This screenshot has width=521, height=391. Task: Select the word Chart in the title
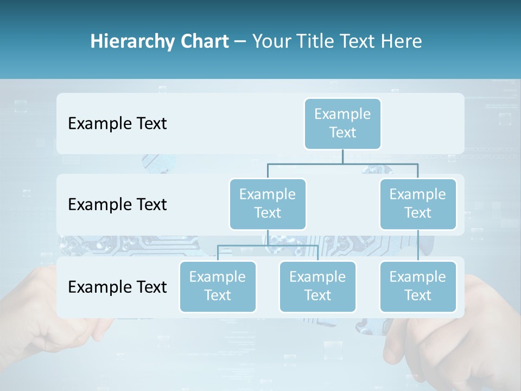[x=204, y=42]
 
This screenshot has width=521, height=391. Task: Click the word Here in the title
[x=402, y=42]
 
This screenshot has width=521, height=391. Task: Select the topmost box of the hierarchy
[x=342, y=123]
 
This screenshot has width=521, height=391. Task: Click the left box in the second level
[x=268, y=204]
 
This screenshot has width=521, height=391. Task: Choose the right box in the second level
[x=418, y=204]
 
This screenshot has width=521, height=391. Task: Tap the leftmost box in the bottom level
[x=218, y=286]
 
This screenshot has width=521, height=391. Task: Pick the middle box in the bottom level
[x=317, y=286]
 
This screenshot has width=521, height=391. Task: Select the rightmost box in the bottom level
[x=418, y=286]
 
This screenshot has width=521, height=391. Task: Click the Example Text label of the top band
[x=117, y=124]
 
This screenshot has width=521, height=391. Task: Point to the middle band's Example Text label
[x=117, y=205]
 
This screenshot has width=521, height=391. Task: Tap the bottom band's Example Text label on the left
[x=117, y=287]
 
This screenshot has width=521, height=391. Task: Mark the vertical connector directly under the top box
[x=342, y=156]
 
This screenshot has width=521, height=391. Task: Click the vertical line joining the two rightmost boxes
[x=418, y=245]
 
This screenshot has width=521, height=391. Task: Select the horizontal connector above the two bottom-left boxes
[x=268, y=245]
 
